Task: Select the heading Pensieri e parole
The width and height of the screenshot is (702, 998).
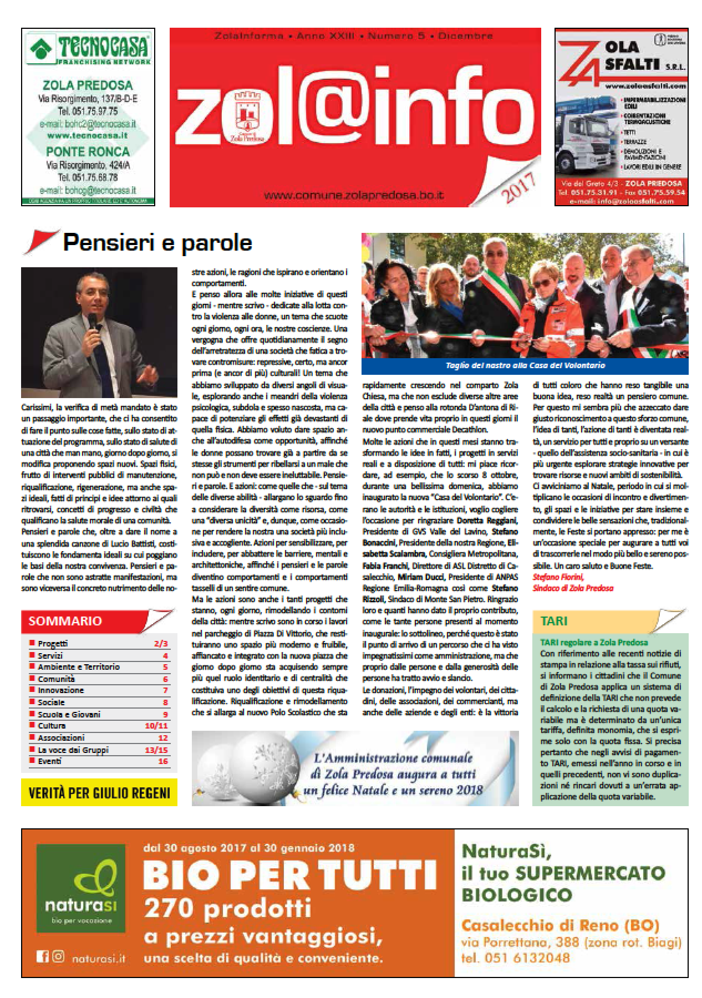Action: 157,243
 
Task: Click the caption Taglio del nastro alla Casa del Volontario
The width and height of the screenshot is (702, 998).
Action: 525,366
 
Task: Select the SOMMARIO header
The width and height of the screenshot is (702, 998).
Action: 65,622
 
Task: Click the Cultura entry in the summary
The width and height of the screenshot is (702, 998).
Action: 52,725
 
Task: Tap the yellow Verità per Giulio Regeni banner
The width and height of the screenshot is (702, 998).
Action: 99,793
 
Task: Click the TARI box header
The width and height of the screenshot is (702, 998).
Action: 555,622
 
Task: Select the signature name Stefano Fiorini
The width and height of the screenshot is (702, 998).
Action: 555,577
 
